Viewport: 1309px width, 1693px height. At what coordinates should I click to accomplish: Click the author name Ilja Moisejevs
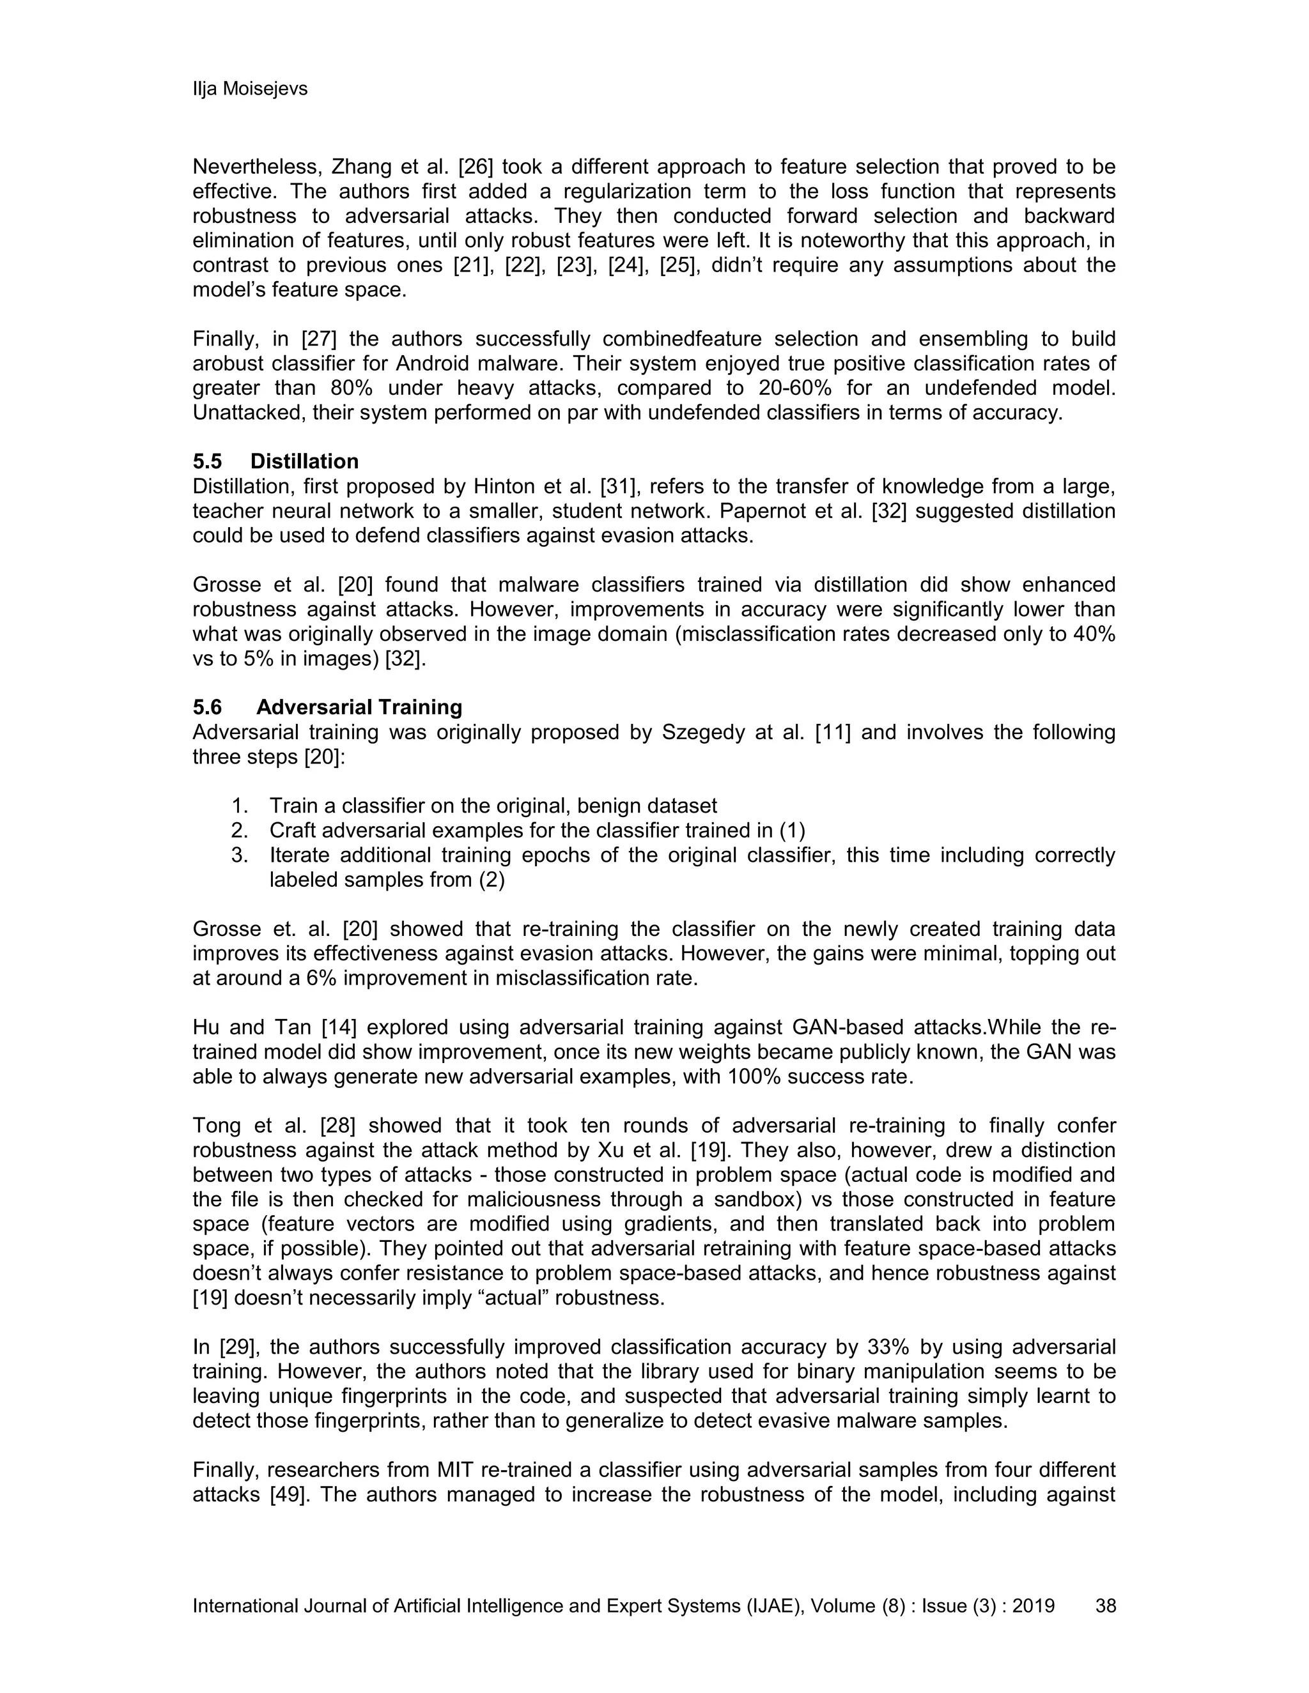[250, 89]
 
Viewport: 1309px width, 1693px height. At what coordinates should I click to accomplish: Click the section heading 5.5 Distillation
[275, 461]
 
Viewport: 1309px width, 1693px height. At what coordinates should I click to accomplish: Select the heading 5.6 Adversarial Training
[327, 707]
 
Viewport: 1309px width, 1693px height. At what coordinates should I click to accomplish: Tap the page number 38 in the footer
[1105, 1605]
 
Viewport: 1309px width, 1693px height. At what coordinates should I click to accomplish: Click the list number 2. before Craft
[239, 831]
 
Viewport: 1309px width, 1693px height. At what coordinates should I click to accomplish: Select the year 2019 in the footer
[1033, 1605]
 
